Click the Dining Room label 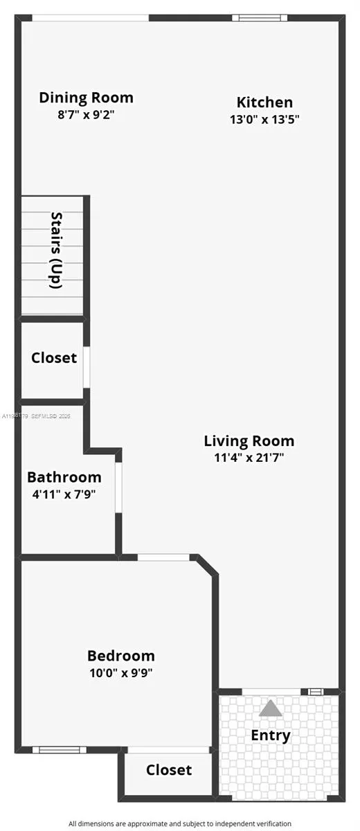pyautogui.click(x=86, y=98)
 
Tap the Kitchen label pyautogui.click(x=264, y=102)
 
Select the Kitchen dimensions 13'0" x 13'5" pyautogui.click(x=264, y=119)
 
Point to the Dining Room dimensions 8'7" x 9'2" pyautogui.click(x=86, y=114)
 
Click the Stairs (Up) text pyautogui.click(x=57, y=249)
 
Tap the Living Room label pyautogui.click(x=249, y=440)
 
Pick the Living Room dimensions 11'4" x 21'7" pyautogui.click(x=249, y=457)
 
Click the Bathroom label pyautogui.click(x=64, y=477)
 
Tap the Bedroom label pyautogui.click(x=120, y=655)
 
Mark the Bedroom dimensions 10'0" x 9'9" pyautogui.click(x=120, y=672)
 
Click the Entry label pyautogui.click(x=270, y=735)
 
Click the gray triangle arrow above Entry pyautogui.click(x=271, y=708)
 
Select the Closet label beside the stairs pyautogui.click(x=53, y=358)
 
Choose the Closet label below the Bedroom pyautogui.click(x=169, y=769)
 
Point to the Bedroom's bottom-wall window pyautogui.click(x=60, y=749)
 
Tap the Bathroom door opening pyautogui.click(x=118, y=488)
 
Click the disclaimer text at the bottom pyautogui.click(x=179, y=823)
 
